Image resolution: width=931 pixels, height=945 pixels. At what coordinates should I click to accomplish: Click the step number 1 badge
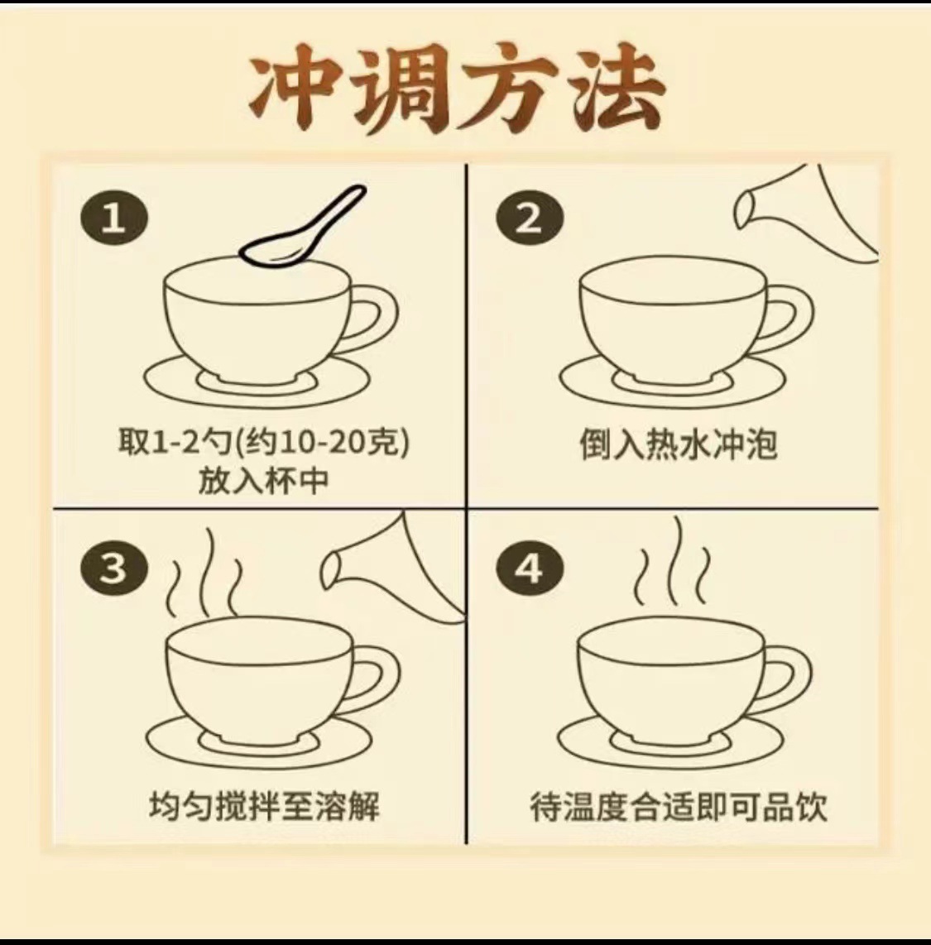click(114, 218)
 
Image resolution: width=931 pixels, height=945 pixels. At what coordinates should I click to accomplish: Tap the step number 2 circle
click(530, 218)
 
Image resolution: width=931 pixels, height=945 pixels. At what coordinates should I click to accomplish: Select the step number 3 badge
click(114, 568)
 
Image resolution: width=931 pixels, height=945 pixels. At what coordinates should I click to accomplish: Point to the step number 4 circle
click(530, 568)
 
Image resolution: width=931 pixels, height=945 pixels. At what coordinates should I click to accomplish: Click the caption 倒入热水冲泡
click(679, 444)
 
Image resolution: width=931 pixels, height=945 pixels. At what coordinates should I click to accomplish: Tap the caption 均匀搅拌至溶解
click(265, 806)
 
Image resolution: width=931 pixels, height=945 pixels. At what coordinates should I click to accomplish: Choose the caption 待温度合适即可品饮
click(679, 806)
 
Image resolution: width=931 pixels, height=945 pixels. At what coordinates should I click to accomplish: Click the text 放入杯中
click(264, 480)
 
